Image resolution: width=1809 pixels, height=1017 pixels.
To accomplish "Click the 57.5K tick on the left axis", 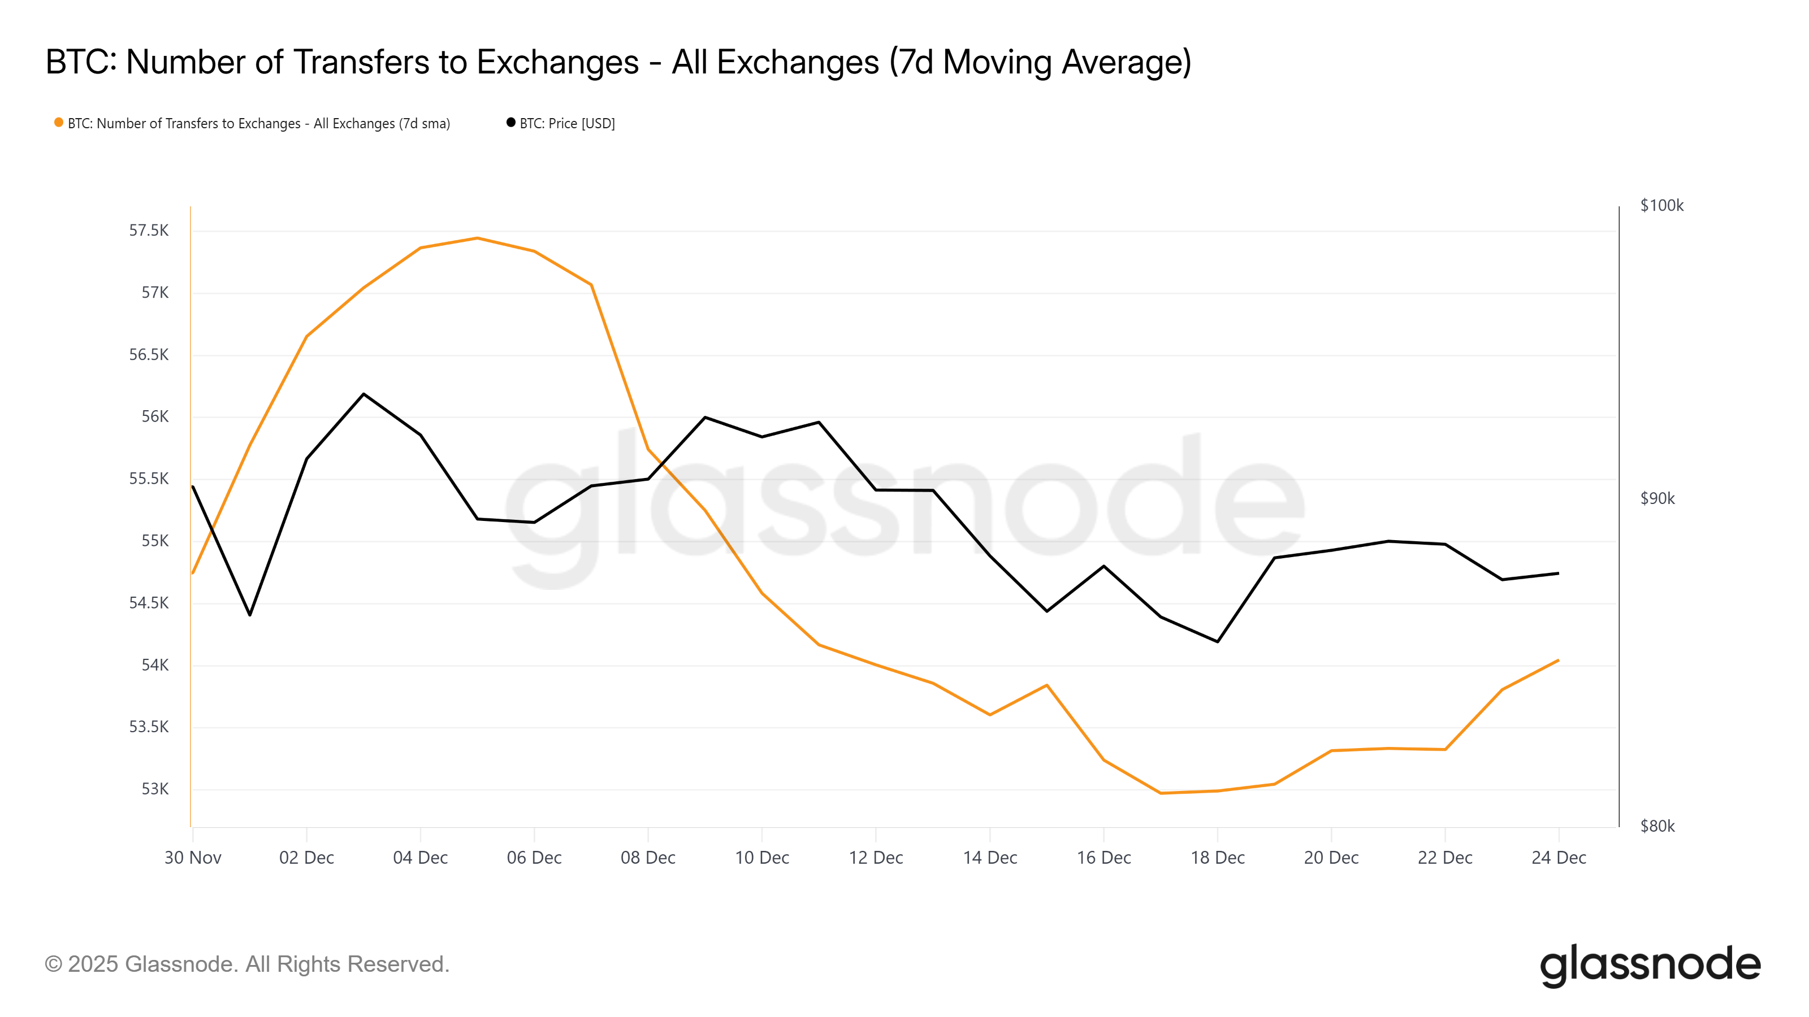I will point(148,230).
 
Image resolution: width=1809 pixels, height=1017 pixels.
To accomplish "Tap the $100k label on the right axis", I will point(1661,206).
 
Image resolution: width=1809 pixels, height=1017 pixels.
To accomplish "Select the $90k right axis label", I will point(1657,498).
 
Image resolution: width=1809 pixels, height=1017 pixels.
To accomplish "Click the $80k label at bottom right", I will point(1657,826).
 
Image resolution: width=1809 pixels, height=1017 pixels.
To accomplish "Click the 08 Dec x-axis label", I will point(647,858).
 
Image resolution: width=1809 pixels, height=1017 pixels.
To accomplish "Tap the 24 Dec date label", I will point(1559,858).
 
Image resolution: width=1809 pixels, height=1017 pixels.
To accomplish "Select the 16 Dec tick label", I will point(1103,858).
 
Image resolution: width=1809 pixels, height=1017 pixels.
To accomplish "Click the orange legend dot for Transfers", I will point(59,123).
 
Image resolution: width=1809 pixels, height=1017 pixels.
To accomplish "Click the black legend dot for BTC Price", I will point(510,123).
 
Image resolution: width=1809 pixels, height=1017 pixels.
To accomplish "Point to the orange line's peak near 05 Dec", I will point(478,238).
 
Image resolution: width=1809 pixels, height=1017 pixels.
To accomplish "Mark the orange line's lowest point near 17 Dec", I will point(1161,793).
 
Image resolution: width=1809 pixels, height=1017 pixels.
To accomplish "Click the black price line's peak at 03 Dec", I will point(363,394).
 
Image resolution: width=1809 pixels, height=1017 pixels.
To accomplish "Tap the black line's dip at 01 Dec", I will point(250,615).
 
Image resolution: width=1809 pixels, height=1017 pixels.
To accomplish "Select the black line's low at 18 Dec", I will point(1218,641).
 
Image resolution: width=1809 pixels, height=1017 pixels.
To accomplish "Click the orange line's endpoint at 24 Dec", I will point(1559,660).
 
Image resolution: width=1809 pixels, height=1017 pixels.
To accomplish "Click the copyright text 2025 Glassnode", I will point(246,964).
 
